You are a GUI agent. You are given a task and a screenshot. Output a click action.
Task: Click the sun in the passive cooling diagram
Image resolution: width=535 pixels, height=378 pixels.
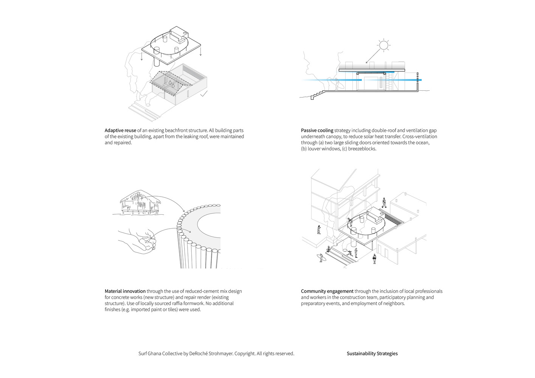[384, 46]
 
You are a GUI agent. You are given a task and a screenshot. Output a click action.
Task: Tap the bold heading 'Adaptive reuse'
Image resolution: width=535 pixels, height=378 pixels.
[120, 130]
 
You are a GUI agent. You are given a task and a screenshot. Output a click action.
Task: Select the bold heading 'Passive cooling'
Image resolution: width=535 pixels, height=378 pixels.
[317, 130]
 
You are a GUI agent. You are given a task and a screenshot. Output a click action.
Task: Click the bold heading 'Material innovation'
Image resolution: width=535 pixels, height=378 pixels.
[125, 291]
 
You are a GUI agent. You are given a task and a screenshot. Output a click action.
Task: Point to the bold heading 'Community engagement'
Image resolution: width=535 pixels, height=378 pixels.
[327, 291]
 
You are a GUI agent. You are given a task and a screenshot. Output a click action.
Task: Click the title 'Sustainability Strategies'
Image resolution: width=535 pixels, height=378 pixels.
[372, 353]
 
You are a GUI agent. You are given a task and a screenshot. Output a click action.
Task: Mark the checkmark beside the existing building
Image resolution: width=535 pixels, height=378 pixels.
[204, 94]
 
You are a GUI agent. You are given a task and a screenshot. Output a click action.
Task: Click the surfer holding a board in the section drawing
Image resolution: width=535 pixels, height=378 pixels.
[336, 85]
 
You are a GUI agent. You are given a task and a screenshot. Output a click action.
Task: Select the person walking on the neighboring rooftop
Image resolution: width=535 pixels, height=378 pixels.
[384, 203]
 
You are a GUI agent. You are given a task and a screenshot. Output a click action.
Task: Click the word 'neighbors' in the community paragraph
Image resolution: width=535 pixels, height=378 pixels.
[393, 303]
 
